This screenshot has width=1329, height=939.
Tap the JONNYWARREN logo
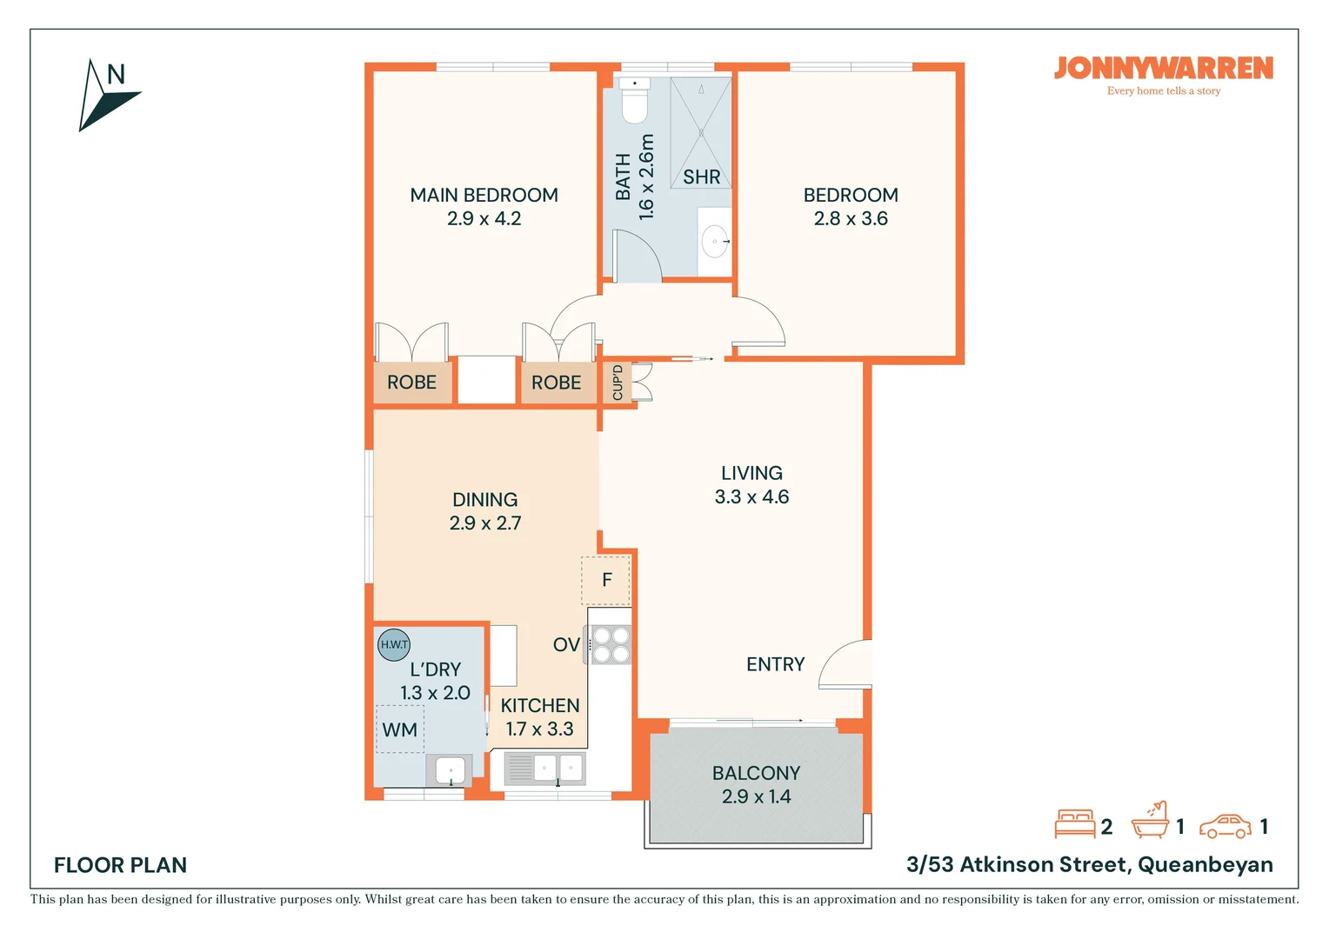[x=1164, y=69]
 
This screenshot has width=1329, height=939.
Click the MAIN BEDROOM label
[x=484, y=195]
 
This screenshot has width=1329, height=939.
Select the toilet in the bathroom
[x=634, y=100]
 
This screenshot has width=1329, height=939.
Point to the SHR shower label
[x=701, y=176]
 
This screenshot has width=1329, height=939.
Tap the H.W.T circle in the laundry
[x=394, y=645]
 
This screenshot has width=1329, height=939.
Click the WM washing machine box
[x=400, y=729]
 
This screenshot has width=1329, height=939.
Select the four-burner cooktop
[x=610, y=645]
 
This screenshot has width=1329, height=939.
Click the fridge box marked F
[x=605, y=580]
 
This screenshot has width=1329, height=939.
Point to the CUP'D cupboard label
[x=617, y=383]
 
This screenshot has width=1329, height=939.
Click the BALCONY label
[x=757, y=774]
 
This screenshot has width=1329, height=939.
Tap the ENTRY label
[x=776, y=664]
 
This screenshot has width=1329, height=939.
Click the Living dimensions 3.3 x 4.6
[x=751, y=496]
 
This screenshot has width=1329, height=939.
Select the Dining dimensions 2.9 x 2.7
[x=485, y=523]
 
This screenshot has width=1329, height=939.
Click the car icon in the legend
[x=1225, y=826]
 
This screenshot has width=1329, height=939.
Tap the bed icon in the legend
[x=1074, y=824]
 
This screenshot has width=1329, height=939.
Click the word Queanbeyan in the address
[x=1205, y=865]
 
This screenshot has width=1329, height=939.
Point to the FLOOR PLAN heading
[x=120, y=865]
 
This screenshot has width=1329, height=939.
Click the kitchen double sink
[x=544, y=769]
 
